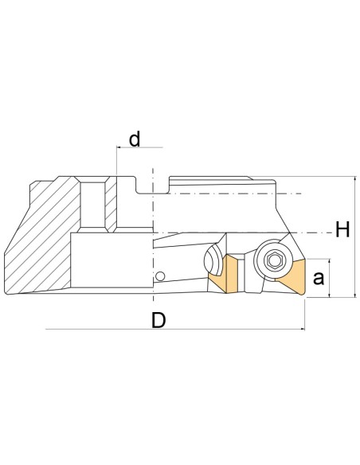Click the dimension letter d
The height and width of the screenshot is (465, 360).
135,139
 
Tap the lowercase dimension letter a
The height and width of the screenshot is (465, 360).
319,278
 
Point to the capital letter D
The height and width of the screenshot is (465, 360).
158,321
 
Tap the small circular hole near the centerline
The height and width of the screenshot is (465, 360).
161,276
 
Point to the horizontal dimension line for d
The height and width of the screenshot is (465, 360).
140,148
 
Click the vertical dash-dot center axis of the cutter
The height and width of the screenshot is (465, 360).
151,239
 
